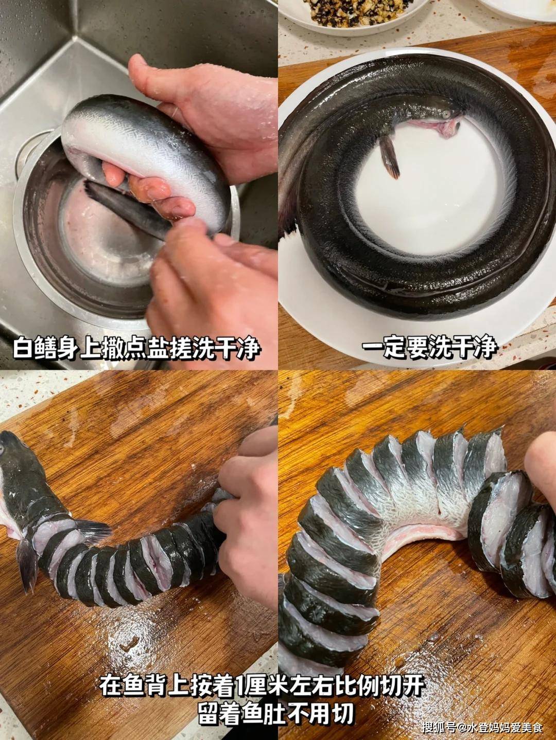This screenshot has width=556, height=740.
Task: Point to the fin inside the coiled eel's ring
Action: [x=390, y=156]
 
